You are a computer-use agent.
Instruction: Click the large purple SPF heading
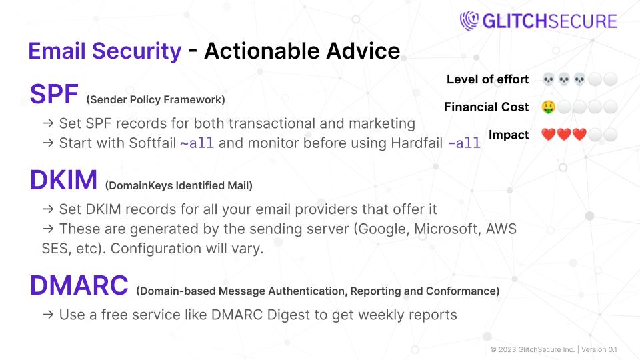pos(54,95)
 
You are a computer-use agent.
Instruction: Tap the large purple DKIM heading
pos(63,181)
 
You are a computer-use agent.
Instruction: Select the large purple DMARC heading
pos(79,285)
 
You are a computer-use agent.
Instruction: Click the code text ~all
pos(197,143)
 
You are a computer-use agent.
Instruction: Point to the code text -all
pos(463,143)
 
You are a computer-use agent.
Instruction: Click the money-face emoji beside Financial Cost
pos(548,107)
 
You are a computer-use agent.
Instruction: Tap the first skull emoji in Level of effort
pos(548,79)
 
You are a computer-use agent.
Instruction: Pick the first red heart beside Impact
pos(548,135)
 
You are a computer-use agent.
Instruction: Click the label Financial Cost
pos(486,107)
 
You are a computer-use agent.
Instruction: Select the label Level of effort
pos(487,79)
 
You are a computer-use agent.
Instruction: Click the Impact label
pos(509,135)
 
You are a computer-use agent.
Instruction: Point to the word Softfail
pos(150,143)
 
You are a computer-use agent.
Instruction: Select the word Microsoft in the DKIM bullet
pos(451,229)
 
